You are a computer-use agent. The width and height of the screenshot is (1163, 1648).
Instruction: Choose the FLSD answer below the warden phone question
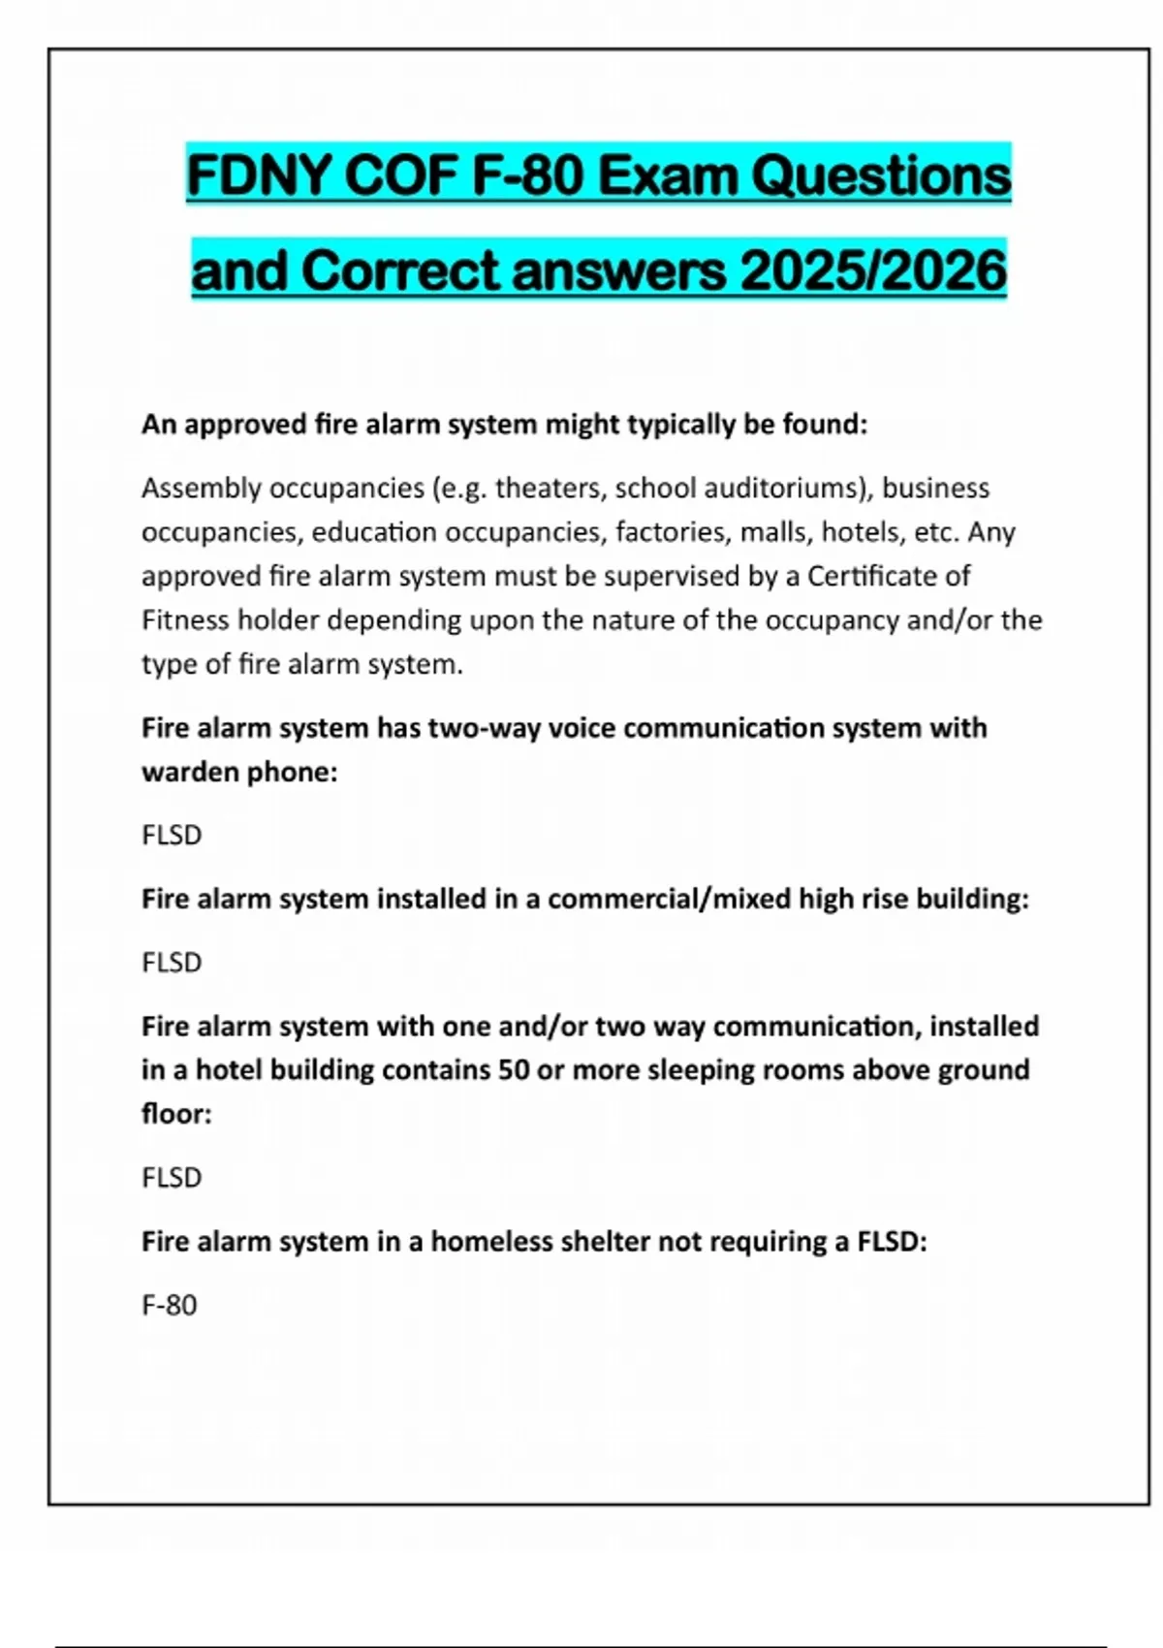click(172, 835)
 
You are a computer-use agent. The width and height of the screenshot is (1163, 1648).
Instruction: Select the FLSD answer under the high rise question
click(172, 962)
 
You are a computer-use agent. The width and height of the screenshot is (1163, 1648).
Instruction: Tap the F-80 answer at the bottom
click(170, 1305)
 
